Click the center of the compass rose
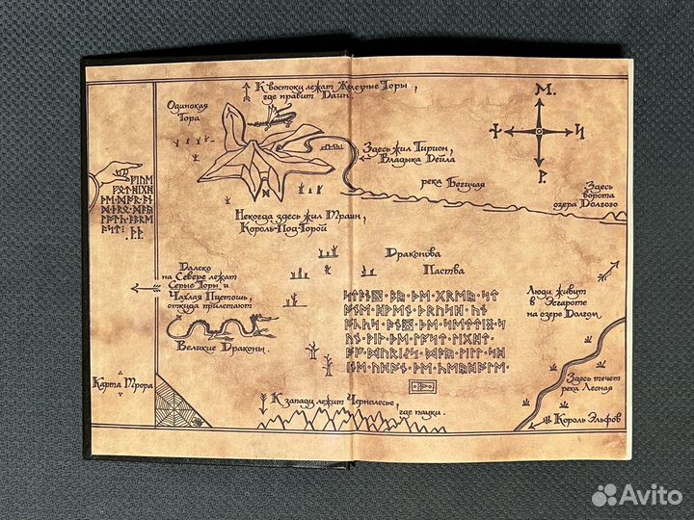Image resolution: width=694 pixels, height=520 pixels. click(x=539, y=131)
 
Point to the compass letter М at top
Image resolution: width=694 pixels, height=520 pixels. click(x=539, y=90)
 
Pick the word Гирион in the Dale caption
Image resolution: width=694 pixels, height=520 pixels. click(x=429, y=149)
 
